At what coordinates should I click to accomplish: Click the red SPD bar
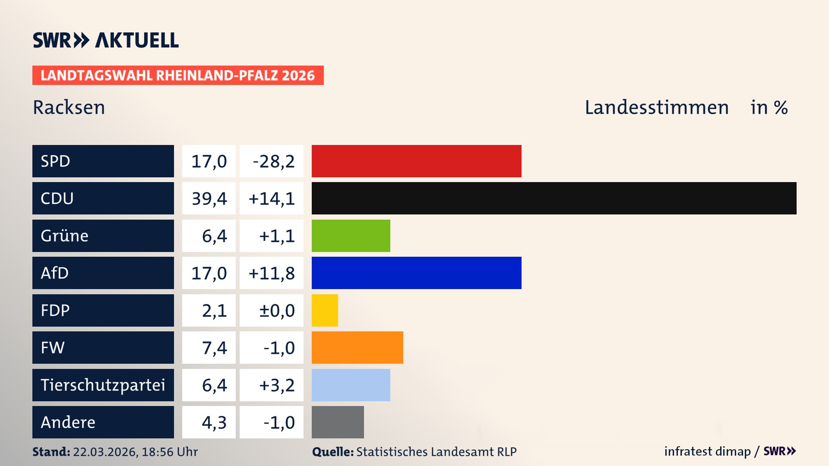[x=416, y=161]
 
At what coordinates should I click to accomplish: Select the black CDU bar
[x=554, y=198]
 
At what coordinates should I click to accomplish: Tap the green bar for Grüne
[x=351, y=236]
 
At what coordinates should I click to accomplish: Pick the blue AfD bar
[x=416, y=273]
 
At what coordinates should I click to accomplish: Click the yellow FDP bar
[x=325, y=310]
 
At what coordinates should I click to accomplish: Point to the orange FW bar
[x=357, y=347]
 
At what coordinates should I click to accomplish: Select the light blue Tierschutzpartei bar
[x=351, y=385]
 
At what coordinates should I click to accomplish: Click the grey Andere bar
[x=338, y=422]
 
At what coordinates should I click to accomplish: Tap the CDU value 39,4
[x=209, y=198]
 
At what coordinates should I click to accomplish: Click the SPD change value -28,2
[x=273, y=161]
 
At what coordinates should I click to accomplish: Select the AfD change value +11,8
[x=272, y=273]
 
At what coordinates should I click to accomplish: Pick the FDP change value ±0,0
[x=276, y=311]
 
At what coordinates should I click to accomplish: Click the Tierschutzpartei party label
[x=103, y=385]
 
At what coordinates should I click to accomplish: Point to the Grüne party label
[x=65, y=236]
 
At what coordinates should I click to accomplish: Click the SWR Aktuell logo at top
[x=105, y=40]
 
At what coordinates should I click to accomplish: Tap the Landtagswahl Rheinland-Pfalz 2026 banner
[x=177, y=76]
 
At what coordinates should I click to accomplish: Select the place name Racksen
[x=69, y=107]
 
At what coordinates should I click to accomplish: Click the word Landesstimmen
[x=656, y=107]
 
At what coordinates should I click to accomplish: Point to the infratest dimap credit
[x=707, y=451]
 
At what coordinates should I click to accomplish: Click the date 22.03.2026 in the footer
[x=105, y=452]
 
